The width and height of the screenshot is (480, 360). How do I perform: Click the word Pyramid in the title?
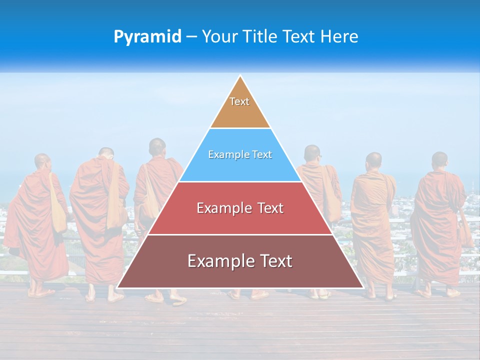pyautogui.click(x=147, y=37)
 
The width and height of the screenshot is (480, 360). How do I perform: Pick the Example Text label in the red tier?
pyautogui.click(x=240, y=208)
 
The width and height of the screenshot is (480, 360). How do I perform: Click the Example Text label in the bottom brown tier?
pyautogui.click(x=240, y=261)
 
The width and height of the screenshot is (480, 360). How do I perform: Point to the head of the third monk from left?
pyautogui.click(x=157, y=147)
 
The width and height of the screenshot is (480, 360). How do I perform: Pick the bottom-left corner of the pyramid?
pyautogui.click(x=117, y=287)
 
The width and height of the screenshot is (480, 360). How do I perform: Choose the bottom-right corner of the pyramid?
pyautogui.click(x=363, y=287)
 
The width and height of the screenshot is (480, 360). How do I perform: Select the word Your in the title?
pyautogui.click(x=220, y=37)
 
